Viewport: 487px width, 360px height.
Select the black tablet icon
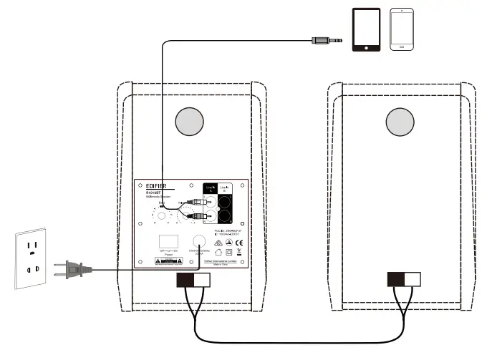(365, 30)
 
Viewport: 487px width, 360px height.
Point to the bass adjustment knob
(162, 216)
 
